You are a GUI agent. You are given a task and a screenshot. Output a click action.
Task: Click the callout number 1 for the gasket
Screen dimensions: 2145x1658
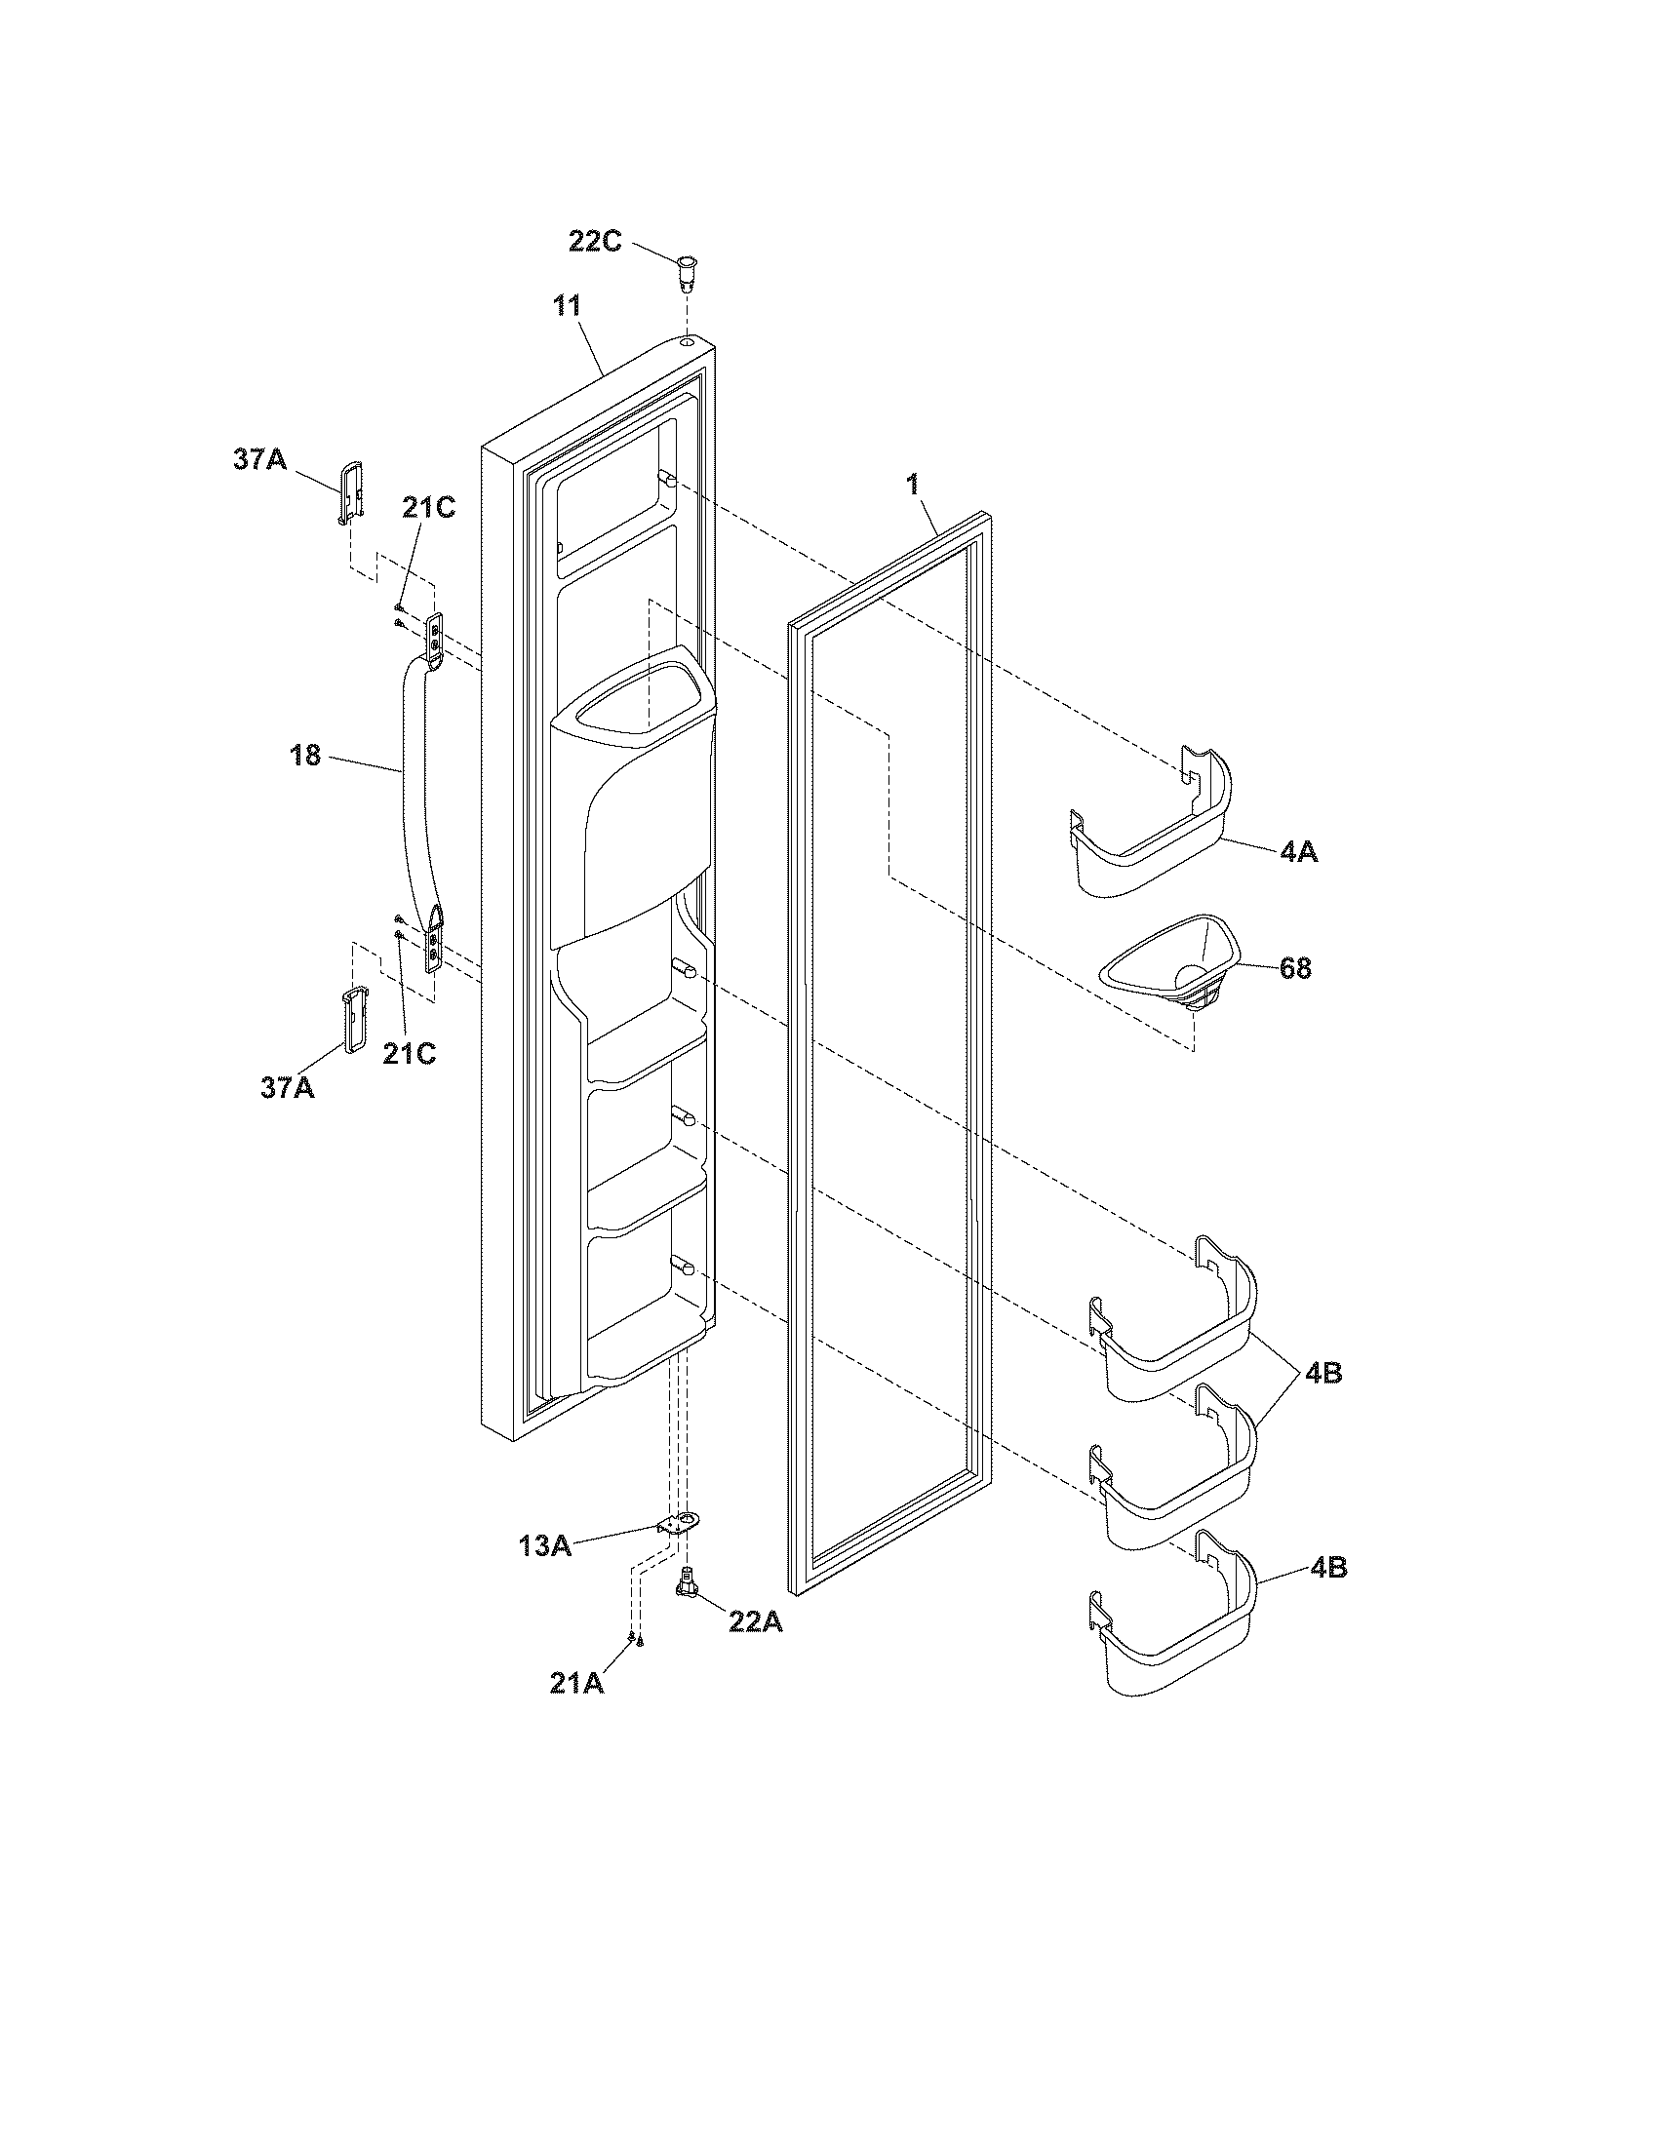point(913,485)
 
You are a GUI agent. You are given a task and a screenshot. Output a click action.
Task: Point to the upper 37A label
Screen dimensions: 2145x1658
point(260,458)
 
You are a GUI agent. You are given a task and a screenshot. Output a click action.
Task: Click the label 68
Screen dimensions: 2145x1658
point(1295,968)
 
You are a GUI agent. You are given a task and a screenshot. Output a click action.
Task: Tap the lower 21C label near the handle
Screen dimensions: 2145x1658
point(409,1053)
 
